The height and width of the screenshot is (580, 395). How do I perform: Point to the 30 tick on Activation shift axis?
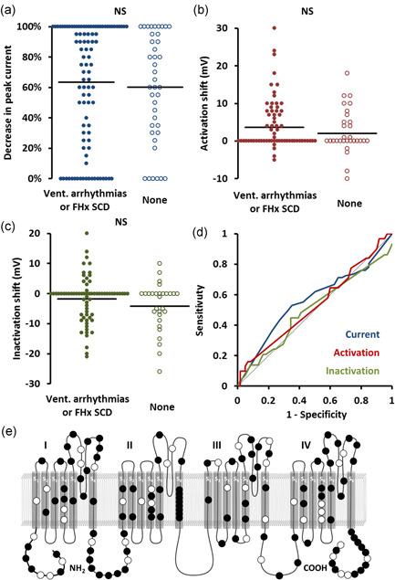[x=242, y=27]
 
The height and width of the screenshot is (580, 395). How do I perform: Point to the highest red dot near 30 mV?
[x=299, y=27]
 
